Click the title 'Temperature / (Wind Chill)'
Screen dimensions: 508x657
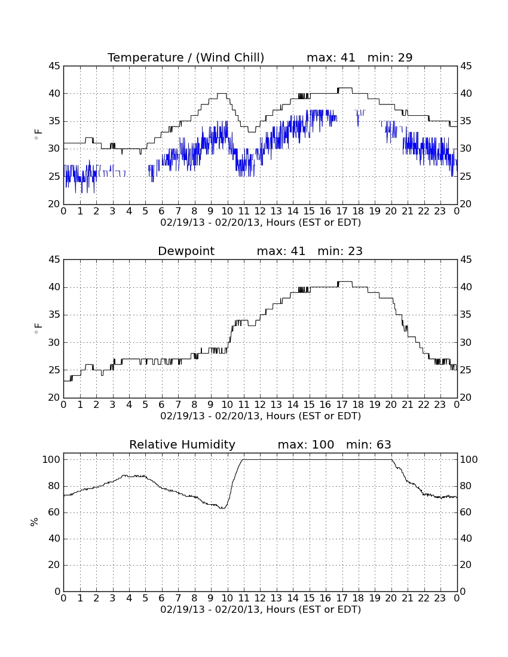pyautogui.click(x=186, y=57)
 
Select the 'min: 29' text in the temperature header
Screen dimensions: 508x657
pyautogui.click(x=390, y=57)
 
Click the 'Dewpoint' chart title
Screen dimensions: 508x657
pyautogui.click(x=186, y=251)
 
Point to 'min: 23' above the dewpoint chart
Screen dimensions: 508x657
pyautogui.click(x=340, y=251)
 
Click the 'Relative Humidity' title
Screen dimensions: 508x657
pyautogui.click(x=182, y=444)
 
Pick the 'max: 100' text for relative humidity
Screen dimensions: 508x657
pyautogui.click(x=306, y=444)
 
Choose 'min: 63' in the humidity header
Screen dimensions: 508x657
pyautogui.click(x=368, y=444)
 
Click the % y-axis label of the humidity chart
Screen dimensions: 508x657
pyautogui.click(x=35, y=522)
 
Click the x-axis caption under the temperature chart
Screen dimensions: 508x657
pyautogui.click(x=261, y=223)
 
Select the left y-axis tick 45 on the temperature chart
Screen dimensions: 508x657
pyautogui.click(x=54, y=66)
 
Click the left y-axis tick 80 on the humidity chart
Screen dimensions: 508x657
pyautogui.click(x=54, y=486)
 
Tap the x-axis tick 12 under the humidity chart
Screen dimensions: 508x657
pyautogui.click(x=260, y=598)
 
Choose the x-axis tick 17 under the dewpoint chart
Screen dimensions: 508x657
pyautogui.click(x=342, y=405)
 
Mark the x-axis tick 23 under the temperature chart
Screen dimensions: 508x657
pyautogui.click(x=440, y=211)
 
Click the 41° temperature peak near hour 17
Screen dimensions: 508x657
pyautogui.click(x=345, y=88)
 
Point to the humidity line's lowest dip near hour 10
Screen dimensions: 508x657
pyautogui.click(x=223, y=508)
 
